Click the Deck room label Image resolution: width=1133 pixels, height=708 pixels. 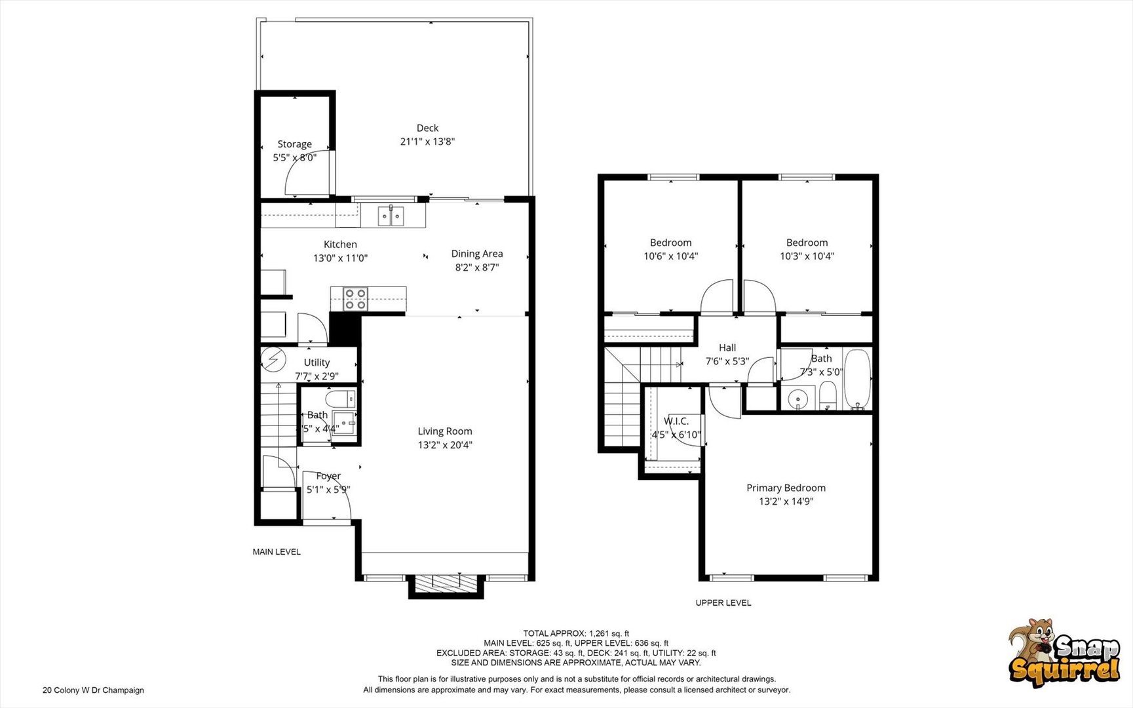(x=427, y=128)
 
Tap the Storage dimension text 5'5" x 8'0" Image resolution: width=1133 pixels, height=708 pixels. (x=294, y=157)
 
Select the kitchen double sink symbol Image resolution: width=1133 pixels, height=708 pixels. (x=391, y=216)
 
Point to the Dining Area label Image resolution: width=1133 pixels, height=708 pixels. (x=476, y=254)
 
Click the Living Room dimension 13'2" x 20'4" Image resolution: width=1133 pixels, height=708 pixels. (x=445, y=445)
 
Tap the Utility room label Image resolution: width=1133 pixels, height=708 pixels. (x=317, y=363)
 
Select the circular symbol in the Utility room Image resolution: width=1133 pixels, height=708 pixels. (x=273, y=360)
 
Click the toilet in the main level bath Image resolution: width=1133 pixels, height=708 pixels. (x=341, y=398)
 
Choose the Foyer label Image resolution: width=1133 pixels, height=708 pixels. (x=328, y=476)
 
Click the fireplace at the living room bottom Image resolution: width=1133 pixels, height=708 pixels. (x=446, y=583)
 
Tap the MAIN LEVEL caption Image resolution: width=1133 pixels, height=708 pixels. (x=277, y=552)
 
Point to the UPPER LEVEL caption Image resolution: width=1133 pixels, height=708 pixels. (x=723, y=602)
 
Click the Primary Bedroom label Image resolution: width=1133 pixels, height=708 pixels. (x=786, y=488)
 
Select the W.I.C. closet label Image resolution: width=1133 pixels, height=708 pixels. (x=676, y=421)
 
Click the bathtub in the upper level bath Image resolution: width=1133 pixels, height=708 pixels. (x=856, y=380)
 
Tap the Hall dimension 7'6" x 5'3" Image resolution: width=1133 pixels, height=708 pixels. (x=727, y=361)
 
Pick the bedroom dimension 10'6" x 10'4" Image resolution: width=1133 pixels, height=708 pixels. (x=670, y=256)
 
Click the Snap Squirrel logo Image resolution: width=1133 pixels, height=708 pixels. (x=1064, y=654)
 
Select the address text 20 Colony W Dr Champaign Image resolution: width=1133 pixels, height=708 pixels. (x=93, y=690)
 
